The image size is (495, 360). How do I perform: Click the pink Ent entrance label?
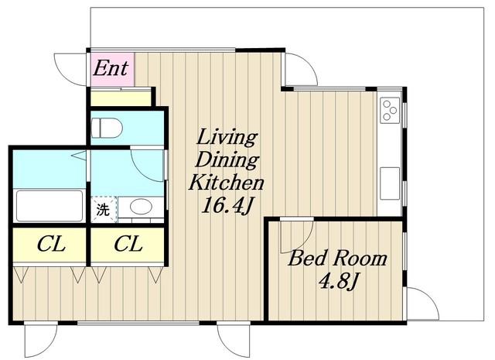[x=111, y=69]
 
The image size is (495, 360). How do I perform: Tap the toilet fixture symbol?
[x=107, y=128]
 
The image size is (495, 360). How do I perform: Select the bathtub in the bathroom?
[x=49, y=205]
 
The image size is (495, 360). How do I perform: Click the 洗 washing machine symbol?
[x=104, y=209]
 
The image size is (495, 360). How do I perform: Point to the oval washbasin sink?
[x=141, y=207]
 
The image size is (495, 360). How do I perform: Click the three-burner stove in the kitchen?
[x=390, y=110]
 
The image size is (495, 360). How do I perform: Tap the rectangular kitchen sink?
[x=390, y=183]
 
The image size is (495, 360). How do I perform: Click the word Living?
[x=226, y=138]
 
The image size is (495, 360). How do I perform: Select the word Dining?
[x=227, y=160]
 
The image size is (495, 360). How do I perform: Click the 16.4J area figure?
[x=227, y=205]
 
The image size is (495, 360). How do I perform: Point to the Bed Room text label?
[x=337, y=259]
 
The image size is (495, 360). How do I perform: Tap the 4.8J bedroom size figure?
[x=339, y=281]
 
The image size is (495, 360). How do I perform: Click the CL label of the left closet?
[x=51, y=245]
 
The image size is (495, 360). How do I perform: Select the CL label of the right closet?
[x=128, y=245]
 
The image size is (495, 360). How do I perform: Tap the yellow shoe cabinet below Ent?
[x=121, y=98]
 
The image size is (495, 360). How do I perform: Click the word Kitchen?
[x=226, y=183]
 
